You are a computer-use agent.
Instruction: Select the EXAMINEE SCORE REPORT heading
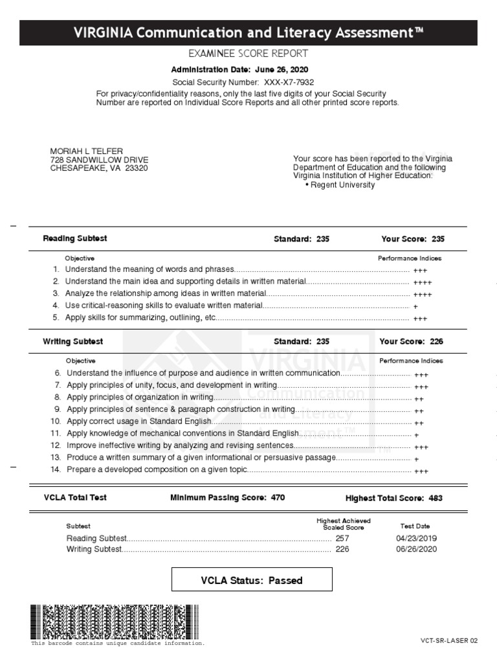click(248, 54)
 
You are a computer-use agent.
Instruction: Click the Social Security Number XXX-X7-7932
click(288, 82)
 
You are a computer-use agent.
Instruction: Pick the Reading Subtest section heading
click(75, 238)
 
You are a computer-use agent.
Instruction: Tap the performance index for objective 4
click(415, 306)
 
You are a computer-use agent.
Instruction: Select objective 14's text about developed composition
click(157, 469)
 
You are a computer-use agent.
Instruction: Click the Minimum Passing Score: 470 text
click(227, 498)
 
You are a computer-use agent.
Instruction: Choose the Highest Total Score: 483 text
click(394, 499)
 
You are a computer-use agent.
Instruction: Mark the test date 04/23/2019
click(416, 538)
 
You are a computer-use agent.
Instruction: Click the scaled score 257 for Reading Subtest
click(342, 538)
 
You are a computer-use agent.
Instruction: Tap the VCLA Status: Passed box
click(252, 580)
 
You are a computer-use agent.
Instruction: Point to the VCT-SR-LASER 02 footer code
click(448, 641)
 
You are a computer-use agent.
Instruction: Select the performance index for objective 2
click(423, 282)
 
